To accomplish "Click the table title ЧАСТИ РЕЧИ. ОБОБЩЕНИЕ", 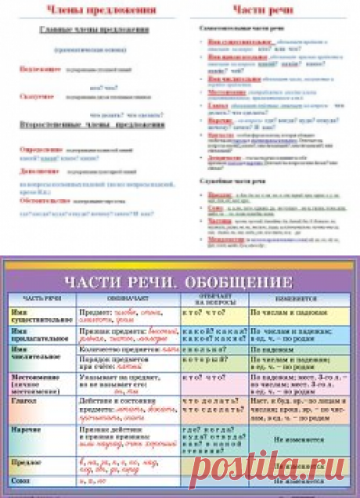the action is tap(179, 282).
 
